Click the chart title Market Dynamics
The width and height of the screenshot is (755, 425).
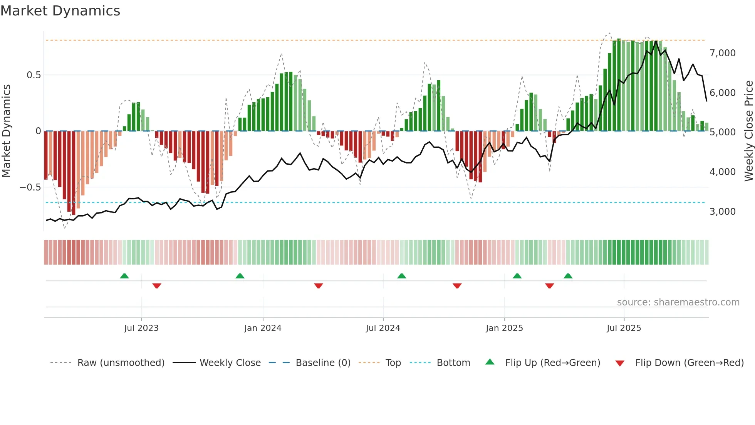click(x=60, y=11)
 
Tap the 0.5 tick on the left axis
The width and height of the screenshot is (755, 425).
click(x=34, y=75)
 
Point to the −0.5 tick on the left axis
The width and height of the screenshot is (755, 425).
click(x=30, y=187)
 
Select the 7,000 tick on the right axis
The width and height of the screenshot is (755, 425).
click(x=722, y=53)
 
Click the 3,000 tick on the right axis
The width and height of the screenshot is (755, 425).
click(x=722, y=212)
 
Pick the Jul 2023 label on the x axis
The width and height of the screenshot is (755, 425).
click(x=141, y=328)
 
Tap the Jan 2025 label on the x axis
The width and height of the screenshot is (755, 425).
click(x=504, y=328)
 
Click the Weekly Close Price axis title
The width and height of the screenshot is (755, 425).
click(x=748, y=131)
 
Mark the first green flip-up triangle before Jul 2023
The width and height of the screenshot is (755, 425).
click(x=124, y=276)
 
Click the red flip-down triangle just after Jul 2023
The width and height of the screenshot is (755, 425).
click(x=157, y=286)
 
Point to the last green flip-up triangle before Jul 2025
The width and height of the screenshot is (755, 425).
click(x=568, y=276)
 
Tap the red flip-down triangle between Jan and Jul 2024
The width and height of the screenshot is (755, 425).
click(x=319, y=286)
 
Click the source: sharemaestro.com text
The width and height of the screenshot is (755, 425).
click(x=678, y=302)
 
